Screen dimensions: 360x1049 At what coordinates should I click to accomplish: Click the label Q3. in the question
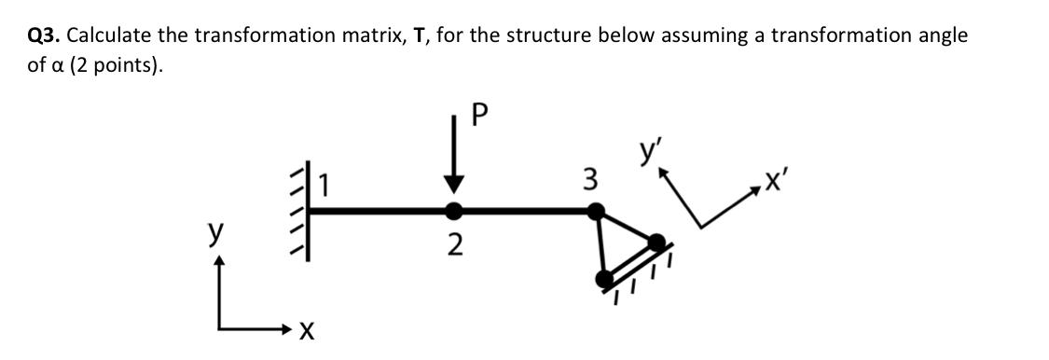pos(44,36)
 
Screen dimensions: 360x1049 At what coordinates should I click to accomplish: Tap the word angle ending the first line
pos(941,36)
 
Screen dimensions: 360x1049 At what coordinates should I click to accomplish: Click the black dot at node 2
pos(453,211)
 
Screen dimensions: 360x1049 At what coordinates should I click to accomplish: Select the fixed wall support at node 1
pos(301,215)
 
